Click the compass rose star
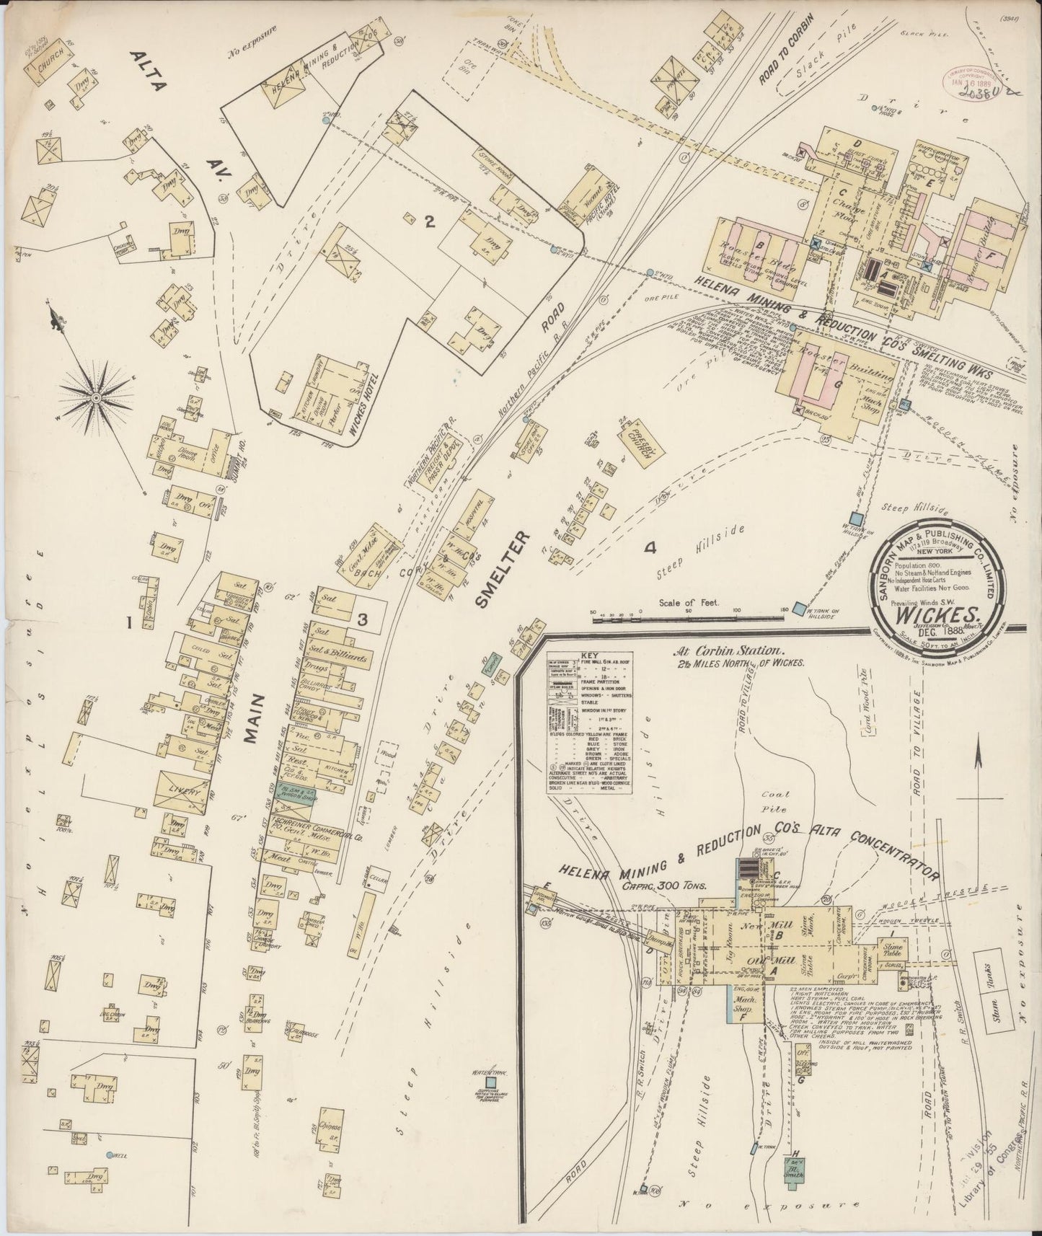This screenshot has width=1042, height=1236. point(95,397)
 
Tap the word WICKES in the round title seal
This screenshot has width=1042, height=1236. point(938,615)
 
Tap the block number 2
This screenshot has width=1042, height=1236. point(429,222)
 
